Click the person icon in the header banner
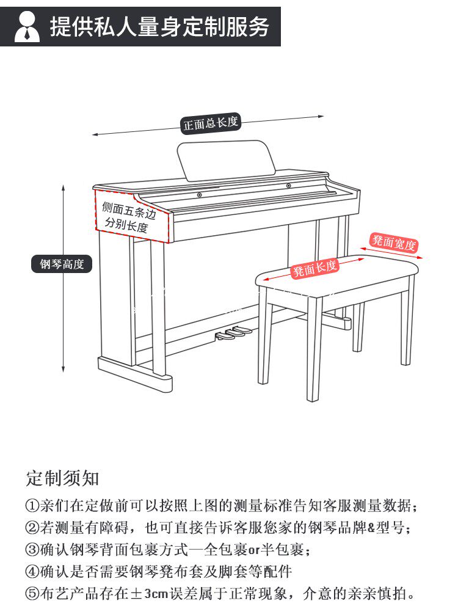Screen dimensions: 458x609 27,27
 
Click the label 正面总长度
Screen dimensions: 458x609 211,124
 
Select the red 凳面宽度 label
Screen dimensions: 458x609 394,243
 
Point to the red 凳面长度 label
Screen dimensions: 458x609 315,268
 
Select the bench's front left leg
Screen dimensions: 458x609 264,342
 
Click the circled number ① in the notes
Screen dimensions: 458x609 32,506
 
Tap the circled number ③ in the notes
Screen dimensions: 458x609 32,550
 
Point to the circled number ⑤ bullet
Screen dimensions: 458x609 32,593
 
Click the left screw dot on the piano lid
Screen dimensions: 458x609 199,195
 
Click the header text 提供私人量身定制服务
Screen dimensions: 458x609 159,27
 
